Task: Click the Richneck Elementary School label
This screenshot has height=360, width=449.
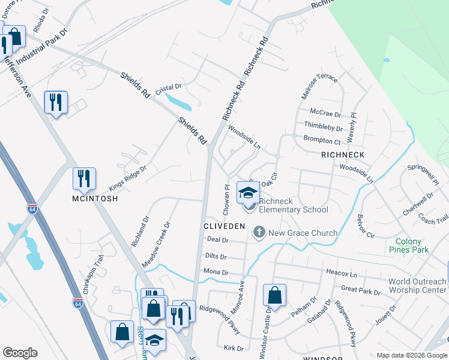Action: pyautogui.click(x=294, y=205)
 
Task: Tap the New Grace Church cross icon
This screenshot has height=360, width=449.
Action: pyautogui.click(x=259, y=232)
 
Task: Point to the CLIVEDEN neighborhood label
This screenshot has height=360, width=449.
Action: pyautogui.click(x=224, y=226)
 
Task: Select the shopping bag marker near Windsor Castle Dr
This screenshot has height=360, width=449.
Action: pyautogui.click(x=274, y=295)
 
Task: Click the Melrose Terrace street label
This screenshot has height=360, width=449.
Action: pyautogui.click(x=320, y=88)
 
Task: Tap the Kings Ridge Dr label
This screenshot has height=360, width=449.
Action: pyautogui.click(x=127, y=179)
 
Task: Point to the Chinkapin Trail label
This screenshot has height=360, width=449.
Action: pyautogui.click(x=98, y=269)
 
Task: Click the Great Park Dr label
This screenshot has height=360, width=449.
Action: pyautogui.click(x=360, y=291)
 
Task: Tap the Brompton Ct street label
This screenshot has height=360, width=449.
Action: pyautogui.click(x=322, y=140)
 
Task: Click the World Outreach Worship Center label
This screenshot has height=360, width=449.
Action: pyautogui.click(x=417, y=286)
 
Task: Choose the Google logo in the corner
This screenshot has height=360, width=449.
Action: pyautogui.click(x=20, y=353)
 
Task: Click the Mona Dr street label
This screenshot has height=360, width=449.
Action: pyautogui.click(x=217, y=272)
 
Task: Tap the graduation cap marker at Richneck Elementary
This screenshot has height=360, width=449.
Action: pyautogui.click(x=247, y=192)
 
